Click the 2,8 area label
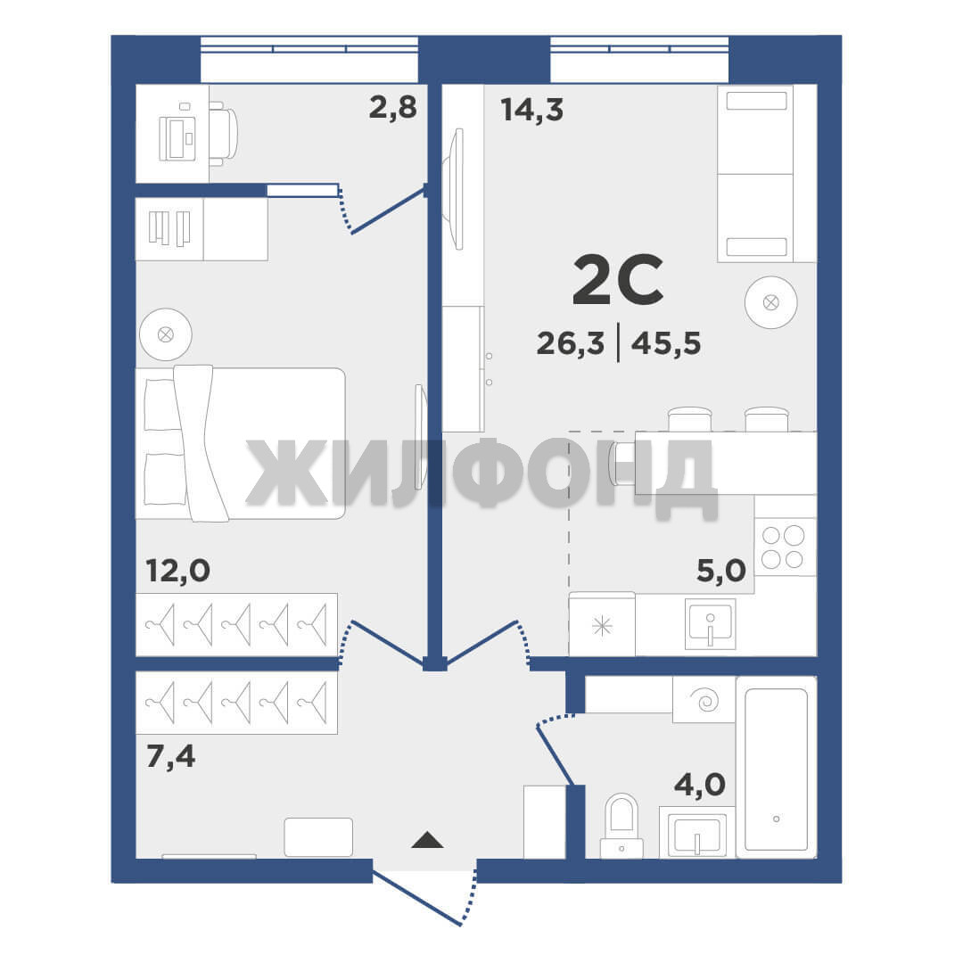click(393, 108)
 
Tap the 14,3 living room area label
click(531, 110)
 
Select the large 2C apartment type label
click(618, 280)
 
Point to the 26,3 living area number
click(571, 342)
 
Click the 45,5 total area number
click(666, 342)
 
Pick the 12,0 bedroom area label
click(178, 571)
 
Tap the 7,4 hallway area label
click(170, 756)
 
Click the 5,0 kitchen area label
click(721, 571)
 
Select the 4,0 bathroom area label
click(700, 785)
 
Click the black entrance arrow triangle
click(427, 840)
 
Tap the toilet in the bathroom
click(621, 826)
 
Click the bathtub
click(777, 767)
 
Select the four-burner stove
click(785, 547)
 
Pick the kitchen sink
click(711, 624)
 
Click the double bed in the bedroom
click(240, 443)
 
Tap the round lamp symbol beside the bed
click(165, 334)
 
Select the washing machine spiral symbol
click(704, 700)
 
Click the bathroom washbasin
click(697, 833)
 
